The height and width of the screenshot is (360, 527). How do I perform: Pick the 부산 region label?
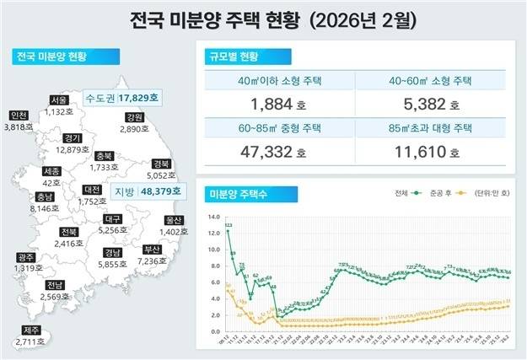pyautogui.click(x=152, y=250)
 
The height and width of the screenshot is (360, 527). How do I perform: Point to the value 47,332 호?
pyautogui.click(x=279, y=153)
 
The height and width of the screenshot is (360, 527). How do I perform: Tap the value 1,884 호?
pyautogui.click(x=279, y=105)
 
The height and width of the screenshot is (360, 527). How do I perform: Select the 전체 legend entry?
pyautogui.click(x=404, y=194)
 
